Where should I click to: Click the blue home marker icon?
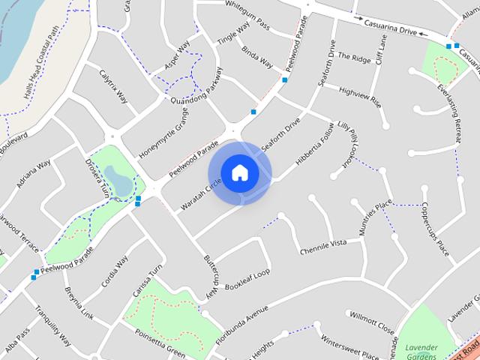click(x=239, y=172)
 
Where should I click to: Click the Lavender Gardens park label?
click(x=421, y=351)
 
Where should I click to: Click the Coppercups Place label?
click(x=433, y=229)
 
